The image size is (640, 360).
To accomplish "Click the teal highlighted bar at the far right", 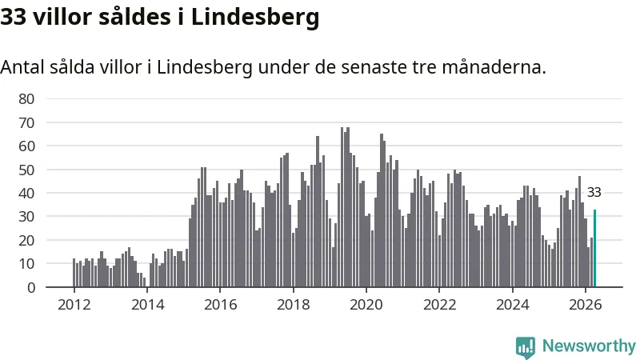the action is click(594, 248).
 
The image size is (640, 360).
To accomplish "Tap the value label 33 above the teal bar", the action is click(594, 192).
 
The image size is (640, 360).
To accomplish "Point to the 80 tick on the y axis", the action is click(26, 98).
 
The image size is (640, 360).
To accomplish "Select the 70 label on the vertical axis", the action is click(26, 122).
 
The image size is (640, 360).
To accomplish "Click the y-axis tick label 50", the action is click(26, 170).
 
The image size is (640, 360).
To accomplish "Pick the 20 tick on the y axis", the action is click(26, 241).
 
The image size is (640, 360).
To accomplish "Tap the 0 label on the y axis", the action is click(31, 288).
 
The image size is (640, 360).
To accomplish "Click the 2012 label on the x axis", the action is click(74, 305).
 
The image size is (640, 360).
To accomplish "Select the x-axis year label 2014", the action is click(147, 305).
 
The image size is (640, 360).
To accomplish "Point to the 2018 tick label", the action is click(293, 305).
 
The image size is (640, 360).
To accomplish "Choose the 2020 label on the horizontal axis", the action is click(366, 305).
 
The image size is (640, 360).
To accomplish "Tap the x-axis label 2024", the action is click(512, 305).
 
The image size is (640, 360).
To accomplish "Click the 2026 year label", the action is click(585, 305).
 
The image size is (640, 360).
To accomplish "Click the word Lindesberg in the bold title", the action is click(255, 18).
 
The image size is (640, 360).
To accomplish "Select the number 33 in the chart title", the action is click(14, 17).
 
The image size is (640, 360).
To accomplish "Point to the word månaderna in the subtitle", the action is click(494, 67).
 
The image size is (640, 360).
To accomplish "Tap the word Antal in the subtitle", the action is click(22, 67).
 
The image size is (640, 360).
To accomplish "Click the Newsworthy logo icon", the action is click(526, 347).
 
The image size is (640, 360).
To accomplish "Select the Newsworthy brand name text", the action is click(589, 346).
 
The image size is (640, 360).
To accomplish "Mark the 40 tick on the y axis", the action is click(26, 193).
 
